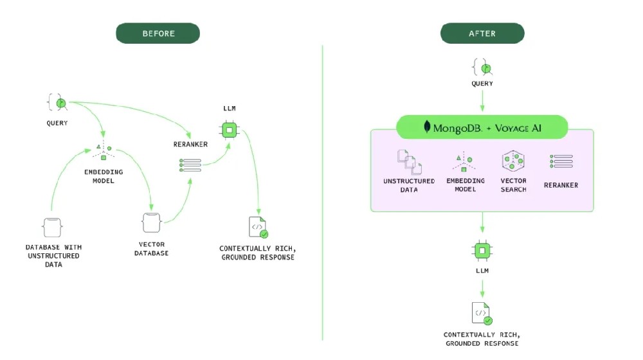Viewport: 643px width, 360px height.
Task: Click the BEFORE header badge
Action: click(x=158, y=33)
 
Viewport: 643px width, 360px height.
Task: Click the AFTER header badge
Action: click(x=482, y=33)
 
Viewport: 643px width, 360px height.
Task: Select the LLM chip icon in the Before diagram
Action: click(x=228, y=130)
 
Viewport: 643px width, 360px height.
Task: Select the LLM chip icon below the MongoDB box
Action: click(x=482, y=249)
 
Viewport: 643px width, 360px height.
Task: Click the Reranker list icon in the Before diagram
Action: click(x=190, y=165)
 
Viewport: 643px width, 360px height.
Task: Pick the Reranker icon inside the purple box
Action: click(x=561, y=162)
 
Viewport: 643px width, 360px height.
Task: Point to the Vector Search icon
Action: click(x=513, y=161)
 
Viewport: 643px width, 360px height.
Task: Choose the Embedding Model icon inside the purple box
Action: click(x=465, y=162)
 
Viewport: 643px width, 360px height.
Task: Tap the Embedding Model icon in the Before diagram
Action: click(x=102, y=152)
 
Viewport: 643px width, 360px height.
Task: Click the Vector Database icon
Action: click(x=151, y=223)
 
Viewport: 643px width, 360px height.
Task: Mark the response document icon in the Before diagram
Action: click(x=257, y=228)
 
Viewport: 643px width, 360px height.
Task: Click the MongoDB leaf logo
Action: click(x=427, y=127)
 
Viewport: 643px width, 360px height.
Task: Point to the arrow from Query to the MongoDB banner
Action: click(x=482, y=102)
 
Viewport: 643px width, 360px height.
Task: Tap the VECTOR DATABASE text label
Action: click(x=151, y=249)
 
